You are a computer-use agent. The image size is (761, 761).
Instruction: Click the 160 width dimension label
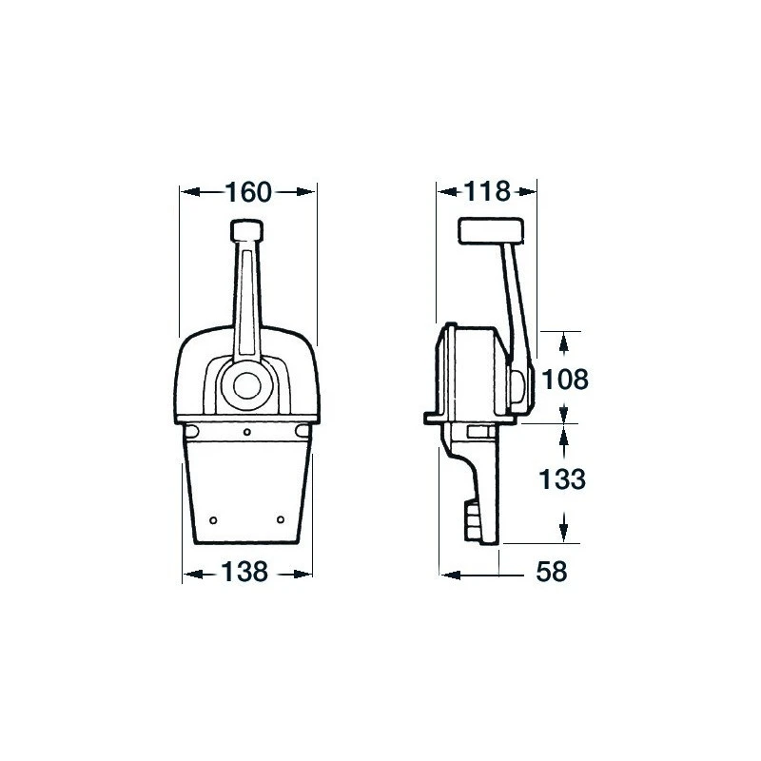pyautogui.click(x=248, y=192)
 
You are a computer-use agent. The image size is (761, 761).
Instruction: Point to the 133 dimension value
pyautogui.click(x=566, y=480)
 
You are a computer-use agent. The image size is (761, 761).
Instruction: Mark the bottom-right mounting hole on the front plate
pyautogui.click(x=282, y=519)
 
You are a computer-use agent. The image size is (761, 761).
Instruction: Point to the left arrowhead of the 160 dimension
pyautogui.click(x=187, y=192)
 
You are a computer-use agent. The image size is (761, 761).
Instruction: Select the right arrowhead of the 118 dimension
pyautogui.click(x=530, y=192)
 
